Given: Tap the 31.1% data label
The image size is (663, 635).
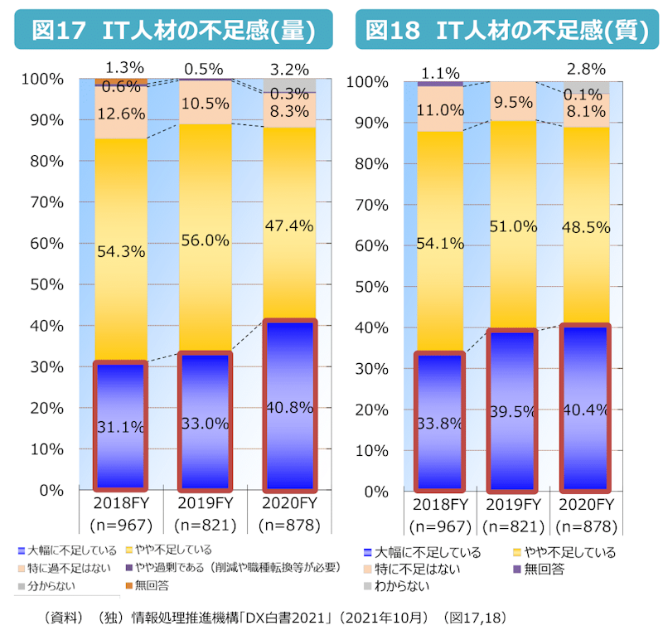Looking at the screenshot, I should click(121, 428).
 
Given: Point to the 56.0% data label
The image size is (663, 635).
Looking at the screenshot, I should click(205, 240).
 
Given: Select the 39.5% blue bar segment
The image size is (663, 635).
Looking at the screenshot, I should click(513, 410).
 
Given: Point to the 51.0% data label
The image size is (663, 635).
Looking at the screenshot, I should click(513, 228).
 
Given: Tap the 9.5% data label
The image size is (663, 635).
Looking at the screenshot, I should click(513, 103).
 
